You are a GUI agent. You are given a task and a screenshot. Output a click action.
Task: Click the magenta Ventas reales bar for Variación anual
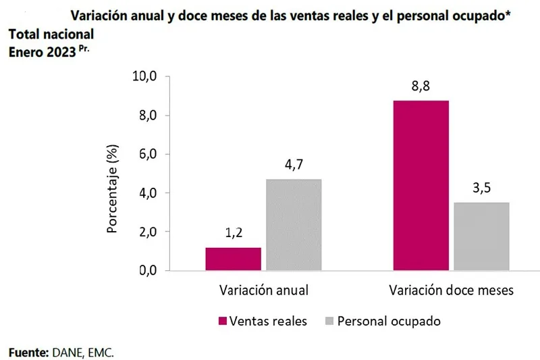pos(233,259)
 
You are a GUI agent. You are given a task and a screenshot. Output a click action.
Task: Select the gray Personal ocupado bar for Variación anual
pos(294,225)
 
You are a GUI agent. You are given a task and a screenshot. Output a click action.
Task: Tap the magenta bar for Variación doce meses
pos(421,185)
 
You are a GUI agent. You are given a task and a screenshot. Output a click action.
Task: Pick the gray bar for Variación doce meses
pos(481,236)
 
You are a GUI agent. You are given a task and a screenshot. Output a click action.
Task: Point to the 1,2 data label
pos(234,234)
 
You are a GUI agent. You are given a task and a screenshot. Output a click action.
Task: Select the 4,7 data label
pos(294,165)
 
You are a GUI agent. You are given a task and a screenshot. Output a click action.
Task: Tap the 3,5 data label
pos(481,188)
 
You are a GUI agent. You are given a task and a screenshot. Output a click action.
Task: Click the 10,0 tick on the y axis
pos(144,77)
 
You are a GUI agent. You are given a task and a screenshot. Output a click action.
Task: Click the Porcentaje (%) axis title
pos(113,189)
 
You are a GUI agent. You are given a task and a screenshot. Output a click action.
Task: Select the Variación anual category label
pos(264,291)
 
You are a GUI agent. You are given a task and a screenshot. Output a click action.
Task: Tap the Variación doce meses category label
pos(452,291)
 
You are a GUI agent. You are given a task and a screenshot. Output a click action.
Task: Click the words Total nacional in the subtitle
pos(51,33)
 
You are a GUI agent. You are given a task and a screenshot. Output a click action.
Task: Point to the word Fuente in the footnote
pos(27,352)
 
